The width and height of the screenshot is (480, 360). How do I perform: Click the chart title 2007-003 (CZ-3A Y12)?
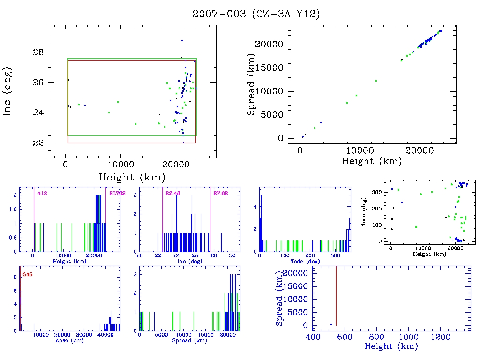tap(256, 14)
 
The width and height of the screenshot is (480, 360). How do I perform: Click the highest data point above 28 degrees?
tap(182, 41)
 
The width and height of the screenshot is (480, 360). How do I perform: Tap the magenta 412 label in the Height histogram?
tap(42, 193)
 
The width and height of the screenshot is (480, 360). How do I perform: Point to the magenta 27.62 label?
tap(220, 193)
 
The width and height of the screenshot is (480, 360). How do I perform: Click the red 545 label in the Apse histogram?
tap(27, 274)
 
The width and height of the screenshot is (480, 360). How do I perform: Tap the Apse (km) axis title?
tap(66, 341)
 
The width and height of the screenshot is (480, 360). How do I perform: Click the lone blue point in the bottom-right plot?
tap(331, 324)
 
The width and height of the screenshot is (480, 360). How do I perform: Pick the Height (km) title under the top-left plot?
tap(132, 177)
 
